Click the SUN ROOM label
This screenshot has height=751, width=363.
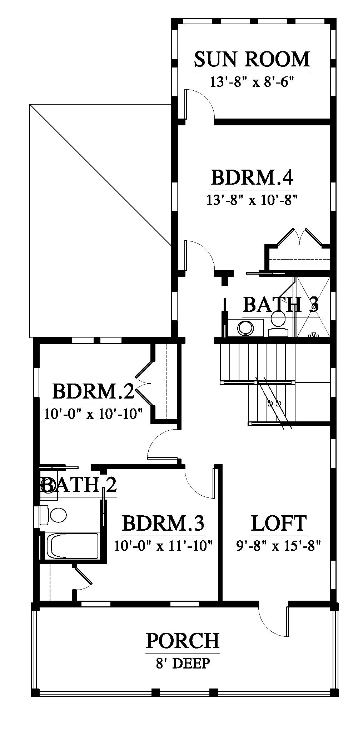[x=252, y=59]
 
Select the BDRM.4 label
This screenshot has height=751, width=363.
[x=252, y=177]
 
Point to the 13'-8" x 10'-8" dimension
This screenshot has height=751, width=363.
[x=252, y=200]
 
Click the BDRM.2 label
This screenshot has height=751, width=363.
[x=93, y=391]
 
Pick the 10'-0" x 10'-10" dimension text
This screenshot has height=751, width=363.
[x=93, y=414]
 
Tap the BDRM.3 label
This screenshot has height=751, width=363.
[x=163, y=524]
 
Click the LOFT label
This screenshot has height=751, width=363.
[x=279, y=524]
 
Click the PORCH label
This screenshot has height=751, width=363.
[x=183, y=641]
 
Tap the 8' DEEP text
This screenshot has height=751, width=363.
[x=183, y=664]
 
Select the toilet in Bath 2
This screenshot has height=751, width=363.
[x=53, y=515]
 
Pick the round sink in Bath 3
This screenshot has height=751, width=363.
[x=245, y=327]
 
